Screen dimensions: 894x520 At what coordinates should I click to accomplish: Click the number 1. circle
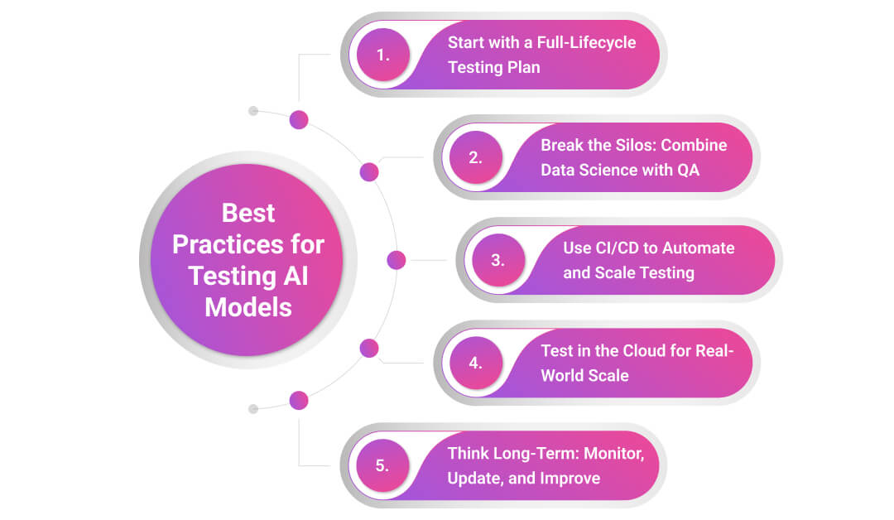pyautogui.click(x=383, y=55)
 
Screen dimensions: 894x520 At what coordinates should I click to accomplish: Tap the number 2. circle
pyautogui.click(x=476, y=157)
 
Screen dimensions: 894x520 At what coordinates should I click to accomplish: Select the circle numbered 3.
pyautogui.click(x=498, y=260)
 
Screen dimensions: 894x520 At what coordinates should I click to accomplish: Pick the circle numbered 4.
pyautogui.click(x=476, y=363)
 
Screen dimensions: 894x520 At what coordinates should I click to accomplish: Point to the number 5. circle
pyautogui.click(x=383, y=465)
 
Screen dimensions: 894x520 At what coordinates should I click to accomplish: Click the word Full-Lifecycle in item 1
pyautogui.click(x=586, y=43)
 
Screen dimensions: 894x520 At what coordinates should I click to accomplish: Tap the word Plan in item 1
pyautogui.click(x=523, y=67)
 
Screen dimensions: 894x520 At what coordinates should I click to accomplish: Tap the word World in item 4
pyautogui.click(x=560, y=375)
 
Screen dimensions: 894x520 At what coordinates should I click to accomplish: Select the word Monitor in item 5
pyautogui.click(x=614, y=454)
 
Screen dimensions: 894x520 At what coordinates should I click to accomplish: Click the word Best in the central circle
pyautogui.click(x=248, y=214)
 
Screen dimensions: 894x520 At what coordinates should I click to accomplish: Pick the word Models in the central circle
pyautogui.click(x=248, y=307)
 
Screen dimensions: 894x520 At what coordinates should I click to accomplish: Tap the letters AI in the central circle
pyautogui.click(x=296, y=276)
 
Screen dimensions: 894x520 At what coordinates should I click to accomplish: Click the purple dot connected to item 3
pyautogui.click(x=397, y=260)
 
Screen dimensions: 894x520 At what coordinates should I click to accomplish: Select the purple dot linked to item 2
pyautogui.click(x=369, y=171)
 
